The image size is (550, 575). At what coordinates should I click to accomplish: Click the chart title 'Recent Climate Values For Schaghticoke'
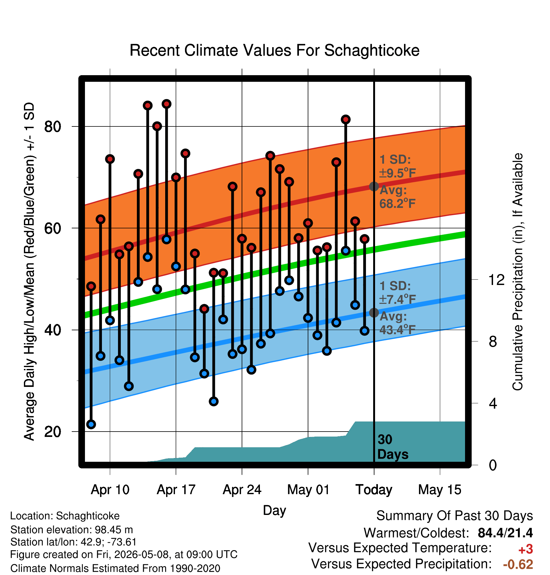coord(274,50)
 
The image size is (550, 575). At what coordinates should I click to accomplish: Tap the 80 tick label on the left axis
coord(53,126)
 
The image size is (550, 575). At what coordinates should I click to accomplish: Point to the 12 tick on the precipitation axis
coord(496,279)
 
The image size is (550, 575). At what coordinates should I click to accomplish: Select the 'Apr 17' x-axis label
coord(176,489)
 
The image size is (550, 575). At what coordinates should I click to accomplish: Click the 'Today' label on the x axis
coord(374,489)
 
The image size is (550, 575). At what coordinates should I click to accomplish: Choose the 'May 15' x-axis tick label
coord(440,489)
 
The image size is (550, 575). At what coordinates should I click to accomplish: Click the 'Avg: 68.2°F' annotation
coord(397,197)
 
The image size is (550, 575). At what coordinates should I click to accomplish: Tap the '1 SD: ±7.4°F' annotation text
coord(397,293)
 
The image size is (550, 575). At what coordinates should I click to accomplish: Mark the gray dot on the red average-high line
coord(374,187)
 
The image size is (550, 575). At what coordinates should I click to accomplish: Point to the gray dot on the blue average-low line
coord(374,313)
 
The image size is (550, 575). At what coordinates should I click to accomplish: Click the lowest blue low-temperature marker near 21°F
coord(91,424)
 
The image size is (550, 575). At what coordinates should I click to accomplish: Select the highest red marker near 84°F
coord(166,104)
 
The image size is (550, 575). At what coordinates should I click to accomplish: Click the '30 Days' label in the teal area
coord(393,447)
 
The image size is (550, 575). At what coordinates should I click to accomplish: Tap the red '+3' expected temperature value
coord(525,549)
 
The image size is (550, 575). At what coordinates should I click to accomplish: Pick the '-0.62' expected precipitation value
coord(518,564)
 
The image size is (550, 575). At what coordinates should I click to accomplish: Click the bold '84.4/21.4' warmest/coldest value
coord(505,533)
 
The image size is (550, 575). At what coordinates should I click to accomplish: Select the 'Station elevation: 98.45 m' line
coord(72,530)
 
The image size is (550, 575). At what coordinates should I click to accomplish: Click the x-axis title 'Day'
coord(274,511)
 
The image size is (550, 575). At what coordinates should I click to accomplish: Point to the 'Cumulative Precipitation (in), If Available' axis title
coord(518,272)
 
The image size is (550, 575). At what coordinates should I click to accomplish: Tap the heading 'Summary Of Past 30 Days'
coord(455,516)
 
